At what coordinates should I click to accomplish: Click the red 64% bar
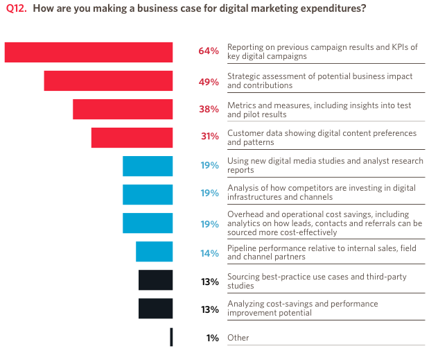(89, 52)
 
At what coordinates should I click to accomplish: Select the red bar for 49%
(108, 80)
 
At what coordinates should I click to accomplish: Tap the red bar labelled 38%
(123, 109)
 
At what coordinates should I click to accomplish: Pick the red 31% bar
(132, 137)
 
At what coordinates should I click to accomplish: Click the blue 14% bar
(154, 251)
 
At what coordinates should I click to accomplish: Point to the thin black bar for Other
(171, 337)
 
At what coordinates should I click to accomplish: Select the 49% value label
(209, 81)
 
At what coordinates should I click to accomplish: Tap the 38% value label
(209, 109)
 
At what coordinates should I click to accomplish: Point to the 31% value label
(209, 137)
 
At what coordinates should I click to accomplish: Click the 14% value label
(209, 253)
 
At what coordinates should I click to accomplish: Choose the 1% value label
(212, 338)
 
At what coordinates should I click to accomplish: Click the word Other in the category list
(238, 338)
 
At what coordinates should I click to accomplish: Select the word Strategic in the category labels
(245, 76)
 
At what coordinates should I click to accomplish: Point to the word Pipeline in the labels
(243, 248)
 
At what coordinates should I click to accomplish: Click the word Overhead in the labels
(246, 214)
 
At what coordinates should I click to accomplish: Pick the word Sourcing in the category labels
(245, 277)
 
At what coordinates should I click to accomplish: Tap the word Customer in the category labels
(246, 132)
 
